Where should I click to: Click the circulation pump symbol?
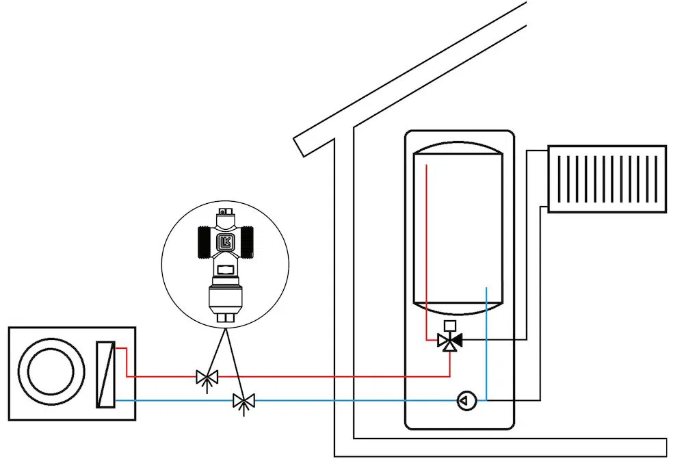pos(466,400)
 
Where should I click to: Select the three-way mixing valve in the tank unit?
pos(449,340)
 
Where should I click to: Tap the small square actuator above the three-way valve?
pos(449,326)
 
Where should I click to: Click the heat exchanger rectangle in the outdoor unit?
pos(106,374)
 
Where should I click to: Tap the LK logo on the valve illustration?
pos(225,241)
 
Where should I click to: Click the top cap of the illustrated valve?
pos(225,211)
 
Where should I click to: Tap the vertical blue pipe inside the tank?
pos(486,342)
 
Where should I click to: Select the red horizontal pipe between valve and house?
pos(328,376)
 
